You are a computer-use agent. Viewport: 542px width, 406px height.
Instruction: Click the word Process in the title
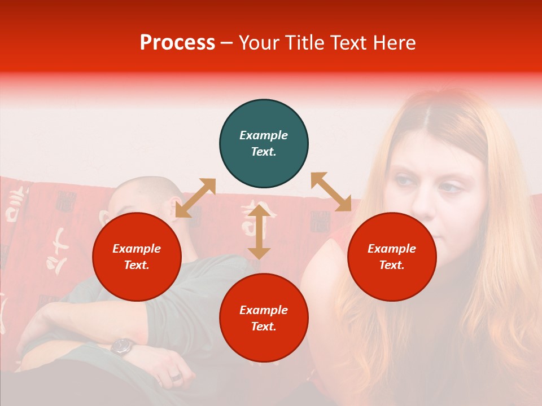[177, 43]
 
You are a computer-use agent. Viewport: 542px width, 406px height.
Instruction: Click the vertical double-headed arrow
[259, 232]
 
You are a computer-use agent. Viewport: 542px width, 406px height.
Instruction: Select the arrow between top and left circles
[195, 197]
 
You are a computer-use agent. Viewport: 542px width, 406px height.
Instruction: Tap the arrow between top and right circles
[331, 192]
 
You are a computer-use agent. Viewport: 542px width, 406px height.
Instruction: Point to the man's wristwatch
[122, 346]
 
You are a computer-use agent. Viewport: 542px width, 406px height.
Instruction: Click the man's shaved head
[138, 195]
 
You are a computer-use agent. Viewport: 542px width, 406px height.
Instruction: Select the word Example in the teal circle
[264, 135]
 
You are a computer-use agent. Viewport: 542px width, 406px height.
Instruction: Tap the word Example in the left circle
[137, 249]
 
